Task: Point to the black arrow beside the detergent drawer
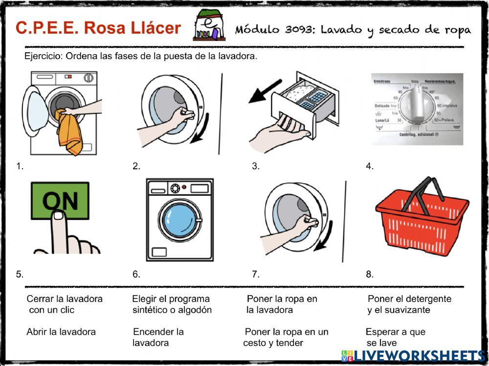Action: pos(265,91)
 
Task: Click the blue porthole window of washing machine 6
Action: pos(180,220)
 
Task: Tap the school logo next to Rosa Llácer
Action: pos(209,27)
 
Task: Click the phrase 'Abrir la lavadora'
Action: pos(61,332)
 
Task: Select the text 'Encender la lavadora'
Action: pos(158,337)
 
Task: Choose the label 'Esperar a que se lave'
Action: pos(395,337)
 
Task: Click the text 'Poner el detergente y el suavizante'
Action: pos(409,304)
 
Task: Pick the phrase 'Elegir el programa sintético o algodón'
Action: pos(172,304)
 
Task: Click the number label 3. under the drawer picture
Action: pos(255,166)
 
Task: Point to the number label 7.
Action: pos(255,274)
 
